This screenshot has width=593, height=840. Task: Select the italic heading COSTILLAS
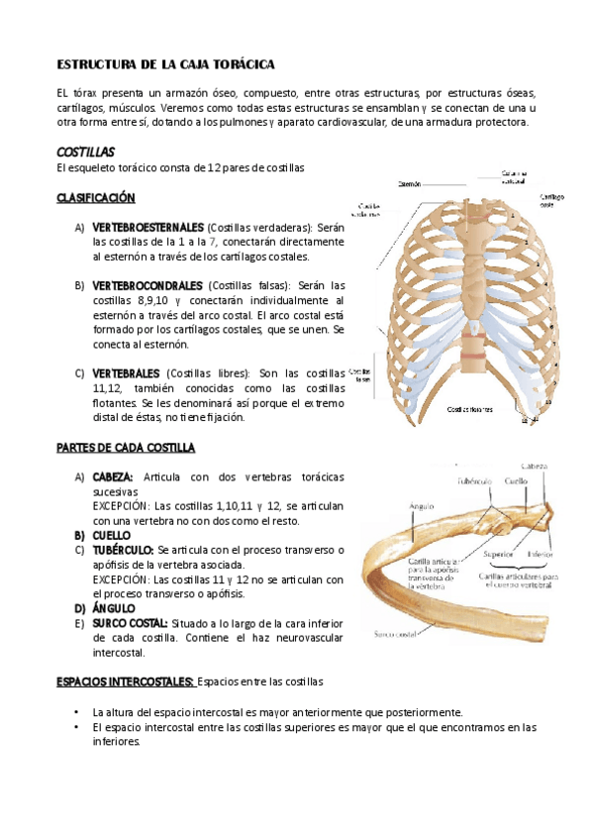click(x=86, y=153)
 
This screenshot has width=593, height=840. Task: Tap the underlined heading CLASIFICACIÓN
click(x=96, y=198)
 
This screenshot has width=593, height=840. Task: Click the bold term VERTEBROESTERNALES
click(x=148, y=227)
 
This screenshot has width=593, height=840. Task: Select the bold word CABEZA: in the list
click(x=113, y=477)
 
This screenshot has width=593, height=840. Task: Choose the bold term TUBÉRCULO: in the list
click(x=122, y=550)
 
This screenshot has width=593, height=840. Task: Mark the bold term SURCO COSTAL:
click(x=129, y=623)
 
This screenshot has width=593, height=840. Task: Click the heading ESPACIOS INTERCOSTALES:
click(x=125, y=682)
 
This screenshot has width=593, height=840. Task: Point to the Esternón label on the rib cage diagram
click(x=409, y=183)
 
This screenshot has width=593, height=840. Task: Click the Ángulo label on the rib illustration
click(x=422, y=505)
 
